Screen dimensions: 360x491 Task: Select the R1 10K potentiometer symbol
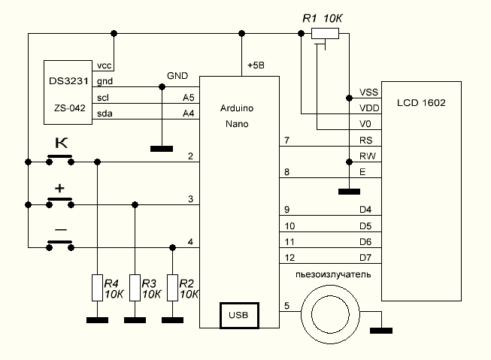point(325,33)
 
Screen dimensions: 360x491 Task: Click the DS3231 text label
point(66,81)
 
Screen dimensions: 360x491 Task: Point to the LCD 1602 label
point(421,101)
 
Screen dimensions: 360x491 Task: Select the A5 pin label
point(188,98)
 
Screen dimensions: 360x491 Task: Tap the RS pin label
point(367,141)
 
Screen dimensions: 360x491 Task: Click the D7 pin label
point(367,258)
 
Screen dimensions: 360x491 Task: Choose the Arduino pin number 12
point(287,258)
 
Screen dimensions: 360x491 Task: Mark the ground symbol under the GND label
point(161,148)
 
